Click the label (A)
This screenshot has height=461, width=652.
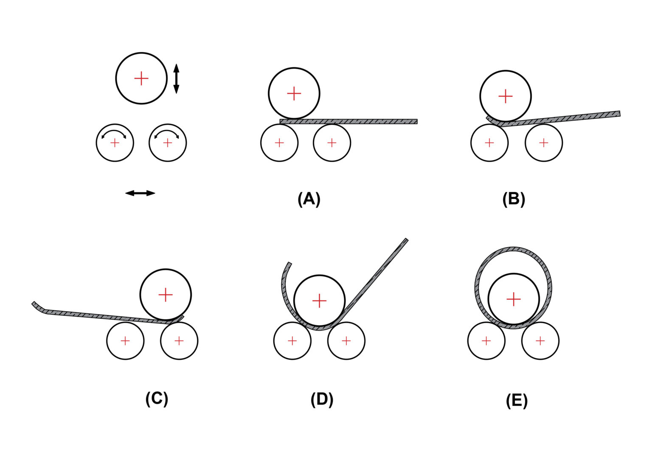[309, 199]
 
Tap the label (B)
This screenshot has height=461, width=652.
[514, 199]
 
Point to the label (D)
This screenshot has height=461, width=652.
[322, 399]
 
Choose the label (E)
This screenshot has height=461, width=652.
[517, 400]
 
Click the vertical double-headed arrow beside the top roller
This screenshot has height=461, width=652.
[177, 79]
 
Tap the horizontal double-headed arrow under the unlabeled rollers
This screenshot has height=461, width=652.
[140, 193]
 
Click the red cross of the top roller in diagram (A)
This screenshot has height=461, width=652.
[294, 93]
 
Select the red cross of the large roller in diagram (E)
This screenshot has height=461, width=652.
[514, 299]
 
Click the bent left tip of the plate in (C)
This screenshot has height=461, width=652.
[34, 304]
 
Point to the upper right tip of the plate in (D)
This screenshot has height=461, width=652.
[406, 241]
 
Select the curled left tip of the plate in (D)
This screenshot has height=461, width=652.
[289, 265]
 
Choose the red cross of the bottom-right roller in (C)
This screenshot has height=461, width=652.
[179, 340]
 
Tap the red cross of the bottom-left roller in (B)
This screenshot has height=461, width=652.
[489, 143]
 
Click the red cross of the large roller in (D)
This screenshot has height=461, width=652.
[319, 301]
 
